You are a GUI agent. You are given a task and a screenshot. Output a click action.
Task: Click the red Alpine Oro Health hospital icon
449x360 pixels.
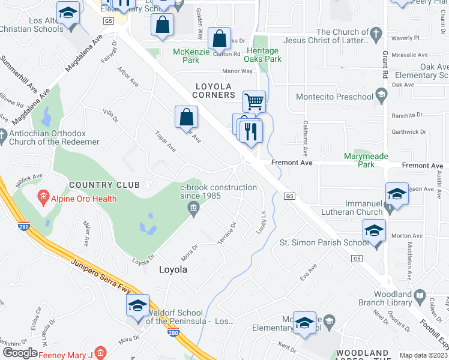43,196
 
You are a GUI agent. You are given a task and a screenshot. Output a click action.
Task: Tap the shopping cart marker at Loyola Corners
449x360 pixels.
255,103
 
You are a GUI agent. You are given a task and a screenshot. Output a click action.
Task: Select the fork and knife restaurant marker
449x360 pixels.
251,131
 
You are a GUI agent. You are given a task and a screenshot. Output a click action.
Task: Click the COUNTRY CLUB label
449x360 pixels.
104,185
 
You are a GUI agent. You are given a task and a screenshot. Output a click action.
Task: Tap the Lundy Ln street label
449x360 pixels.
263,223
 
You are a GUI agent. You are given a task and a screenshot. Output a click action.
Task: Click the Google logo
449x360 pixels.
20,353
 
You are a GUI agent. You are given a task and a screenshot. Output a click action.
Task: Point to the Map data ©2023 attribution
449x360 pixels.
423,355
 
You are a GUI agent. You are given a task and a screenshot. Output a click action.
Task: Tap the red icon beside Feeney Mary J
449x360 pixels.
101,354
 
